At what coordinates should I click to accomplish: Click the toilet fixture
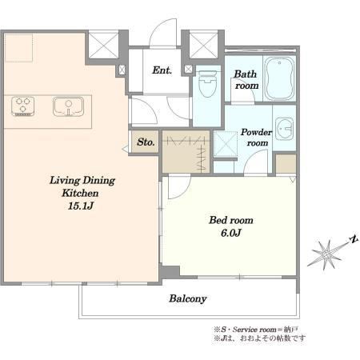[x=207, y=83]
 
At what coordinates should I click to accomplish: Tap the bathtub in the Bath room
[x=279, y=78]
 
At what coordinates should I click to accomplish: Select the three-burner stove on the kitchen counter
[x=23, y=106]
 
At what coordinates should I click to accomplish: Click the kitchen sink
[x=68, y=106]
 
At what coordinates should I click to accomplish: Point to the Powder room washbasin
[x=284, y=129]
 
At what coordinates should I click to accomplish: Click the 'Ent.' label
[x=162, y=70]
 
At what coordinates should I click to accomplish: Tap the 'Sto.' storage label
[x=146, y=142]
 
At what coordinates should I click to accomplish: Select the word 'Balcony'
[x=188, y=298]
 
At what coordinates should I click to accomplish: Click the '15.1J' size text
[x=81, y=206]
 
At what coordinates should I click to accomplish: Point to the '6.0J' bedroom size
[x=231, y=233]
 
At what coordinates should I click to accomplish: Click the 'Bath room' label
[x=246, y=79]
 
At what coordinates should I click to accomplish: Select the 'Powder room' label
[x=257, y=138]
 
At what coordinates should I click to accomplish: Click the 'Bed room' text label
[x=231, y=220]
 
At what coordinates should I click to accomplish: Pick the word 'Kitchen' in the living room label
[x=80, y=193]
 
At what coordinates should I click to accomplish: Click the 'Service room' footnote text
[x=254, y=330]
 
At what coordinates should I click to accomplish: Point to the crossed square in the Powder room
[x=226, y=144]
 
